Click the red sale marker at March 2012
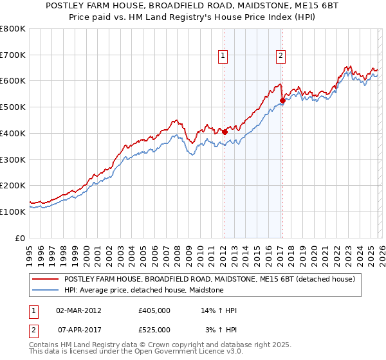(x=225, y=132)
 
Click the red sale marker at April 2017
(x=282, y=100)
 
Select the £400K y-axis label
(x=13, y=133)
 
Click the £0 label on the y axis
(x=21, y=238)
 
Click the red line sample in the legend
(x=45, y=280)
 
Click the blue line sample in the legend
(x=45, y=291)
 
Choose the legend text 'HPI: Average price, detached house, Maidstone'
(x=143, y=291)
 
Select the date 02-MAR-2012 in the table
(x=79, y=310)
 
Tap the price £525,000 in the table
(x=154, y=330)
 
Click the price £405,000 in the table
(x=154, y=310)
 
